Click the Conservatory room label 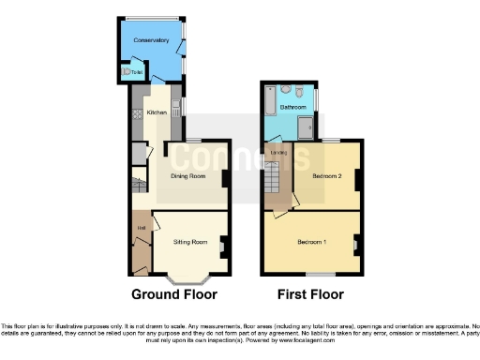(x=150, y=41)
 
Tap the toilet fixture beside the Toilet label (x=127, y=72)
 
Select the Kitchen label (x=157, y=112)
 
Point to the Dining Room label (x=187, y=175)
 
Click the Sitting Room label (x=190, y=241)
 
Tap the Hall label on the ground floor (x=141, y=228)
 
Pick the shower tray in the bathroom (x=304, y=127)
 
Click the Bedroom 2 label (x=325, y=175)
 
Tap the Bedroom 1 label (x=312, y=242)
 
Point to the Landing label (x=277, y=153)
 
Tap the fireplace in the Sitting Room (x=223, y=247)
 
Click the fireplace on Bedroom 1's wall (x=356, y=246)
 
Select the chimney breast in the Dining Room (x=224, y=177)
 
